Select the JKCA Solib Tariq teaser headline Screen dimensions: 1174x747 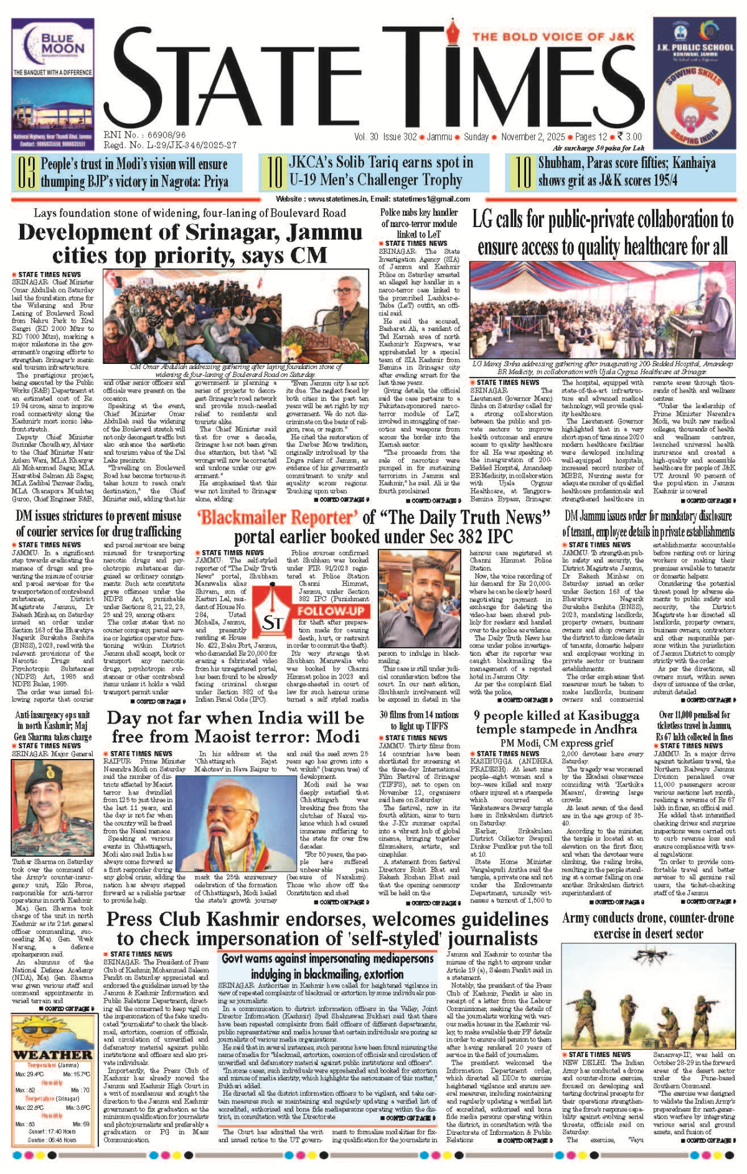tap(381, 172)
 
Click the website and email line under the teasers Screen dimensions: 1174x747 tap(373, 199)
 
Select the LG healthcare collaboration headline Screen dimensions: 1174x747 tap(603, 233)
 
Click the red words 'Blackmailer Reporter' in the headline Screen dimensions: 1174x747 tap(277, 517)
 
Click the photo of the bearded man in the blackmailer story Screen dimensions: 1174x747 tap(419, 599)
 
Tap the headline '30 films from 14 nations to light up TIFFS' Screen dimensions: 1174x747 tap(420, 720)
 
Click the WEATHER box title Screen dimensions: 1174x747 tap(53, 1054)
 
